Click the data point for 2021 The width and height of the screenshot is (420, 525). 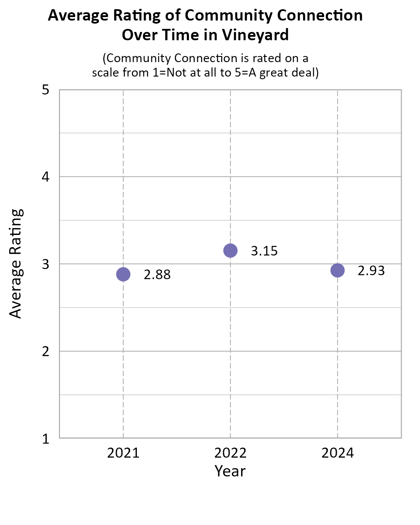click(123, 274)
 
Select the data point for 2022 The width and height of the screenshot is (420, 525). click(230, 250)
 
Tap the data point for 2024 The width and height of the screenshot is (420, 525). click(337, 270)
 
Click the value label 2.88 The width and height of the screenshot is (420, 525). click(157, 275)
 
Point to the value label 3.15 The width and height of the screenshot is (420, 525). click(264, 251)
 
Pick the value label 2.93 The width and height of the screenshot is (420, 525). click(371, 271)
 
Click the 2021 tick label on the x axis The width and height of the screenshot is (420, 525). click(123, 453)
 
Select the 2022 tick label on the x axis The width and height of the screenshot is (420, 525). click(230, 453)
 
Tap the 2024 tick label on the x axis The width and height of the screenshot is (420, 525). click(337, 453)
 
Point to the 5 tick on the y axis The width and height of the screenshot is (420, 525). click(45, 90)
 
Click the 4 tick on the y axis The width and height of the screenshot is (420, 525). click(45, 177)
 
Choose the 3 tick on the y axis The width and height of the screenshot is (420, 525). click(45, 264)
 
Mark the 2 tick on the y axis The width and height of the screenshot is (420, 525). click(45, 351)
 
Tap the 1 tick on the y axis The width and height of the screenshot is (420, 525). click(45, 438)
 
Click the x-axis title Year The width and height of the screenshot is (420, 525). click(230, 471)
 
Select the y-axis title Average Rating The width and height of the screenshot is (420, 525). click(16, 264)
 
